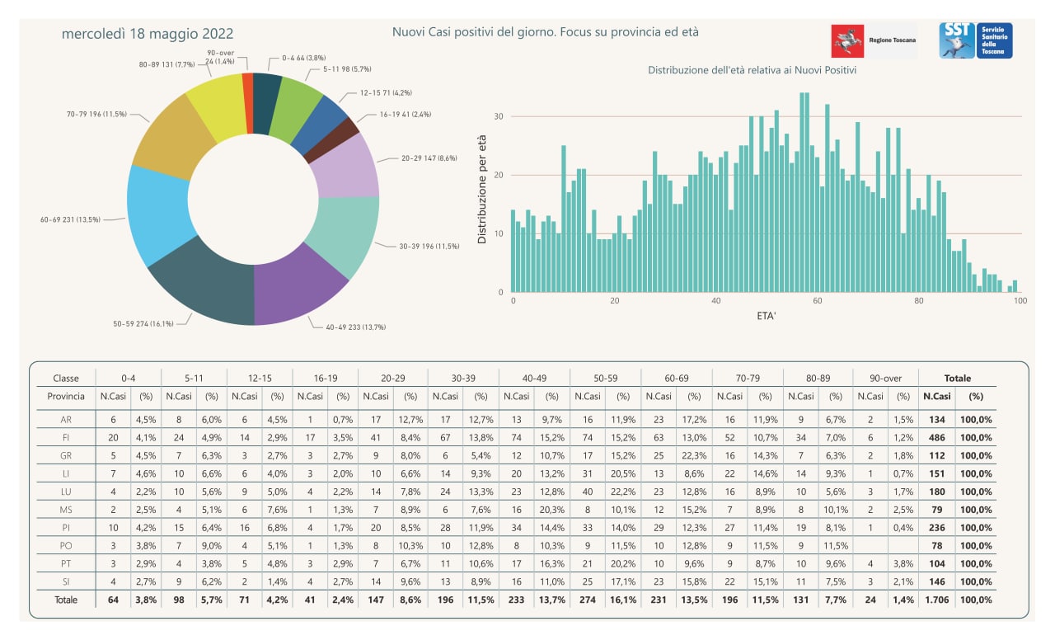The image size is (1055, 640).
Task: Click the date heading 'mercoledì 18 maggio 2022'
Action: click(148, 34)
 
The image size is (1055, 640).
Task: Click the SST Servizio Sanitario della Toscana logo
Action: click(975, 40)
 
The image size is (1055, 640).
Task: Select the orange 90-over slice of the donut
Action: click(248, 103)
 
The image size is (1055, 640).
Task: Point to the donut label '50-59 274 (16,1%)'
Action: click(143, 324)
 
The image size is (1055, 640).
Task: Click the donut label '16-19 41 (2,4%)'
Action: click(406, 115)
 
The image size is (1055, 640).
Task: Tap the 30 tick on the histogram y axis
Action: click(499, 116)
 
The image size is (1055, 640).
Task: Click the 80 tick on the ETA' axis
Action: click(919, 301)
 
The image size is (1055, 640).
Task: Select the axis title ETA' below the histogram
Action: click(766, 316)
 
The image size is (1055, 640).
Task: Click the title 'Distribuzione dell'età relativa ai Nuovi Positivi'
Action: click(753, 70)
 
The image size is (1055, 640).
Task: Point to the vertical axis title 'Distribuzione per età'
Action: click(481, 190)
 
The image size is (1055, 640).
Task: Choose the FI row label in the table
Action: click(66, 437)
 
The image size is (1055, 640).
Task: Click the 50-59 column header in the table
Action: click(605, 378)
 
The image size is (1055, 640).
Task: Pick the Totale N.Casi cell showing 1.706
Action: click(936, 600)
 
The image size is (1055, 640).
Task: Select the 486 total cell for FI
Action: click(937, 437)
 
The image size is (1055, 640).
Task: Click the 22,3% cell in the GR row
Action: click(694, 456)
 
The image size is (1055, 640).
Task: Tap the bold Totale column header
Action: click(958, 378)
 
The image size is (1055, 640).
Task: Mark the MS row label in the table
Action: click(66, 510)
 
